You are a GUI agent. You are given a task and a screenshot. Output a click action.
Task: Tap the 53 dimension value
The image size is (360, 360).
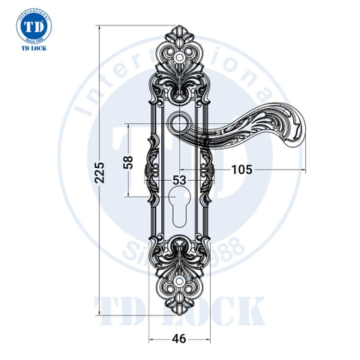tap(179, 180)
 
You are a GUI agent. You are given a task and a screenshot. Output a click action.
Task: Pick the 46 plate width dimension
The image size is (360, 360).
tap(179, 339)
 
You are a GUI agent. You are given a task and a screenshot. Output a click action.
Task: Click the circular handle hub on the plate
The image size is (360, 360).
tap(180, 122)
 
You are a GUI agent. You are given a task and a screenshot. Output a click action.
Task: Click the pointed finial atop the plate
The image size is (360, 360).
tap(180, 27)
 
